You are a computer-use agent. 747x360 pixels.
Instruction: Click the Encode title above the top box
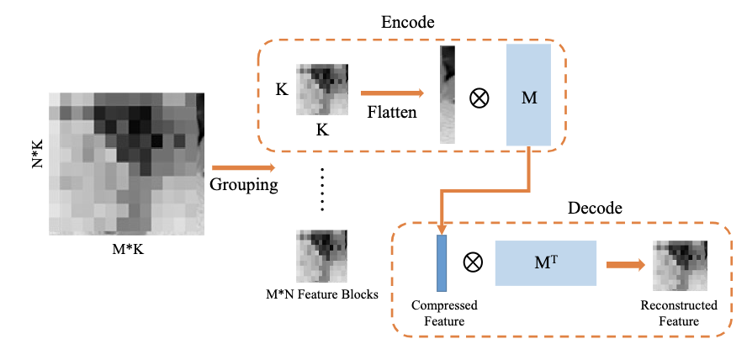[x=406, y=23]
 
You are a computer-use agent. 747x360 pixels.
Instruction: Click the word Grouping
[x=243, y=185]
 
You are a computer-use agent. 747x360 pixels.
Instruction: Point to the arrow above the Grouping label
[x=243, y=168]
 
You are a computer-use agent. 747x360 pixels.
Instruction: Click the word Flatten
[x=392, y=111]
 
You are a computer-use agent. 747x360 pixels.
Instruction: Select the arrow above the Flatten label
[x=391, y=93]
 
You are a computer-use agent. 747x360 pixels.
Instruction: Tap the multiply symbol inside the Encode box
[x=479, y=98]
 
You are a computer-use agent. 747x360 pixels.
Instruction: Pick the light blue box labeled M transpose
[x=546, y=262]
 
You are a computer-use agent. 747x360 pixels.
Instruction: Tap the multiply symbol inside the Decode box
[x=474, y=262]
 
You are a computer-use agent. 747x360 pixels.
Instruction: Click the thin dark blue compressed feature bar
[x=441, y=262]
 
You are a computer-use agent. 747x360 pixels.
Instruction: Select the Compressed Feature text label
[x=442, y=313]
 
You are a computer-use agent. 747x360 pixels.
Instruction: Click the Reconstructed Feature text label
[x=679, y=313]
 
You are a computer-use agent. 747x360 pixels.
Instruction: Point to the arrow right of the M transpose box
[x=623, y=264]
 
